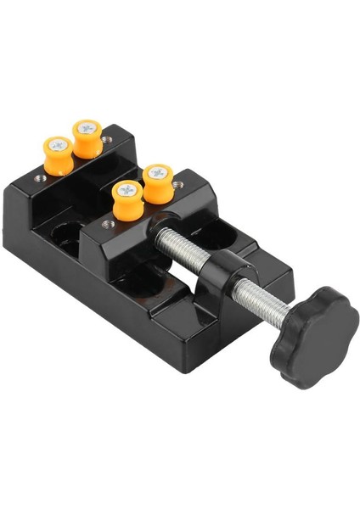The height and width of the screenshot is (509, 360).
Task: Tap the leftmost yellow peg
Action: [x=59, y=156]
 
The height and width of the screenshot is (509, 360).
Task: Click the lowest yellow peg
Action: [x=127, y=200]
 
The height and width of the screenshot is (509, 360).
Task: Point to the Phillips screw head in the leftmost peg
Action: [x=59, y=145]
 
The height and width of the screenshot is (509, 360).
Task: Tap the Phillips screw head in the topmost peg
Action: [x=87, y=127]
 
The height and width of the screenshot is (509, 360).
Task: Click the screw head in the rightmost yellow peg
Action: [x=156, y=172]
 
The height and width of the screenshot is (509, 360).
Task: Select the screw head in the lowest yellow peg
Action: [x=127, y=189]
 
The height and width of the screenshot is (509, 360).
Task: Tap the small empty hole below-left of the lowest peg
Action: [x=108, y=224]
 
